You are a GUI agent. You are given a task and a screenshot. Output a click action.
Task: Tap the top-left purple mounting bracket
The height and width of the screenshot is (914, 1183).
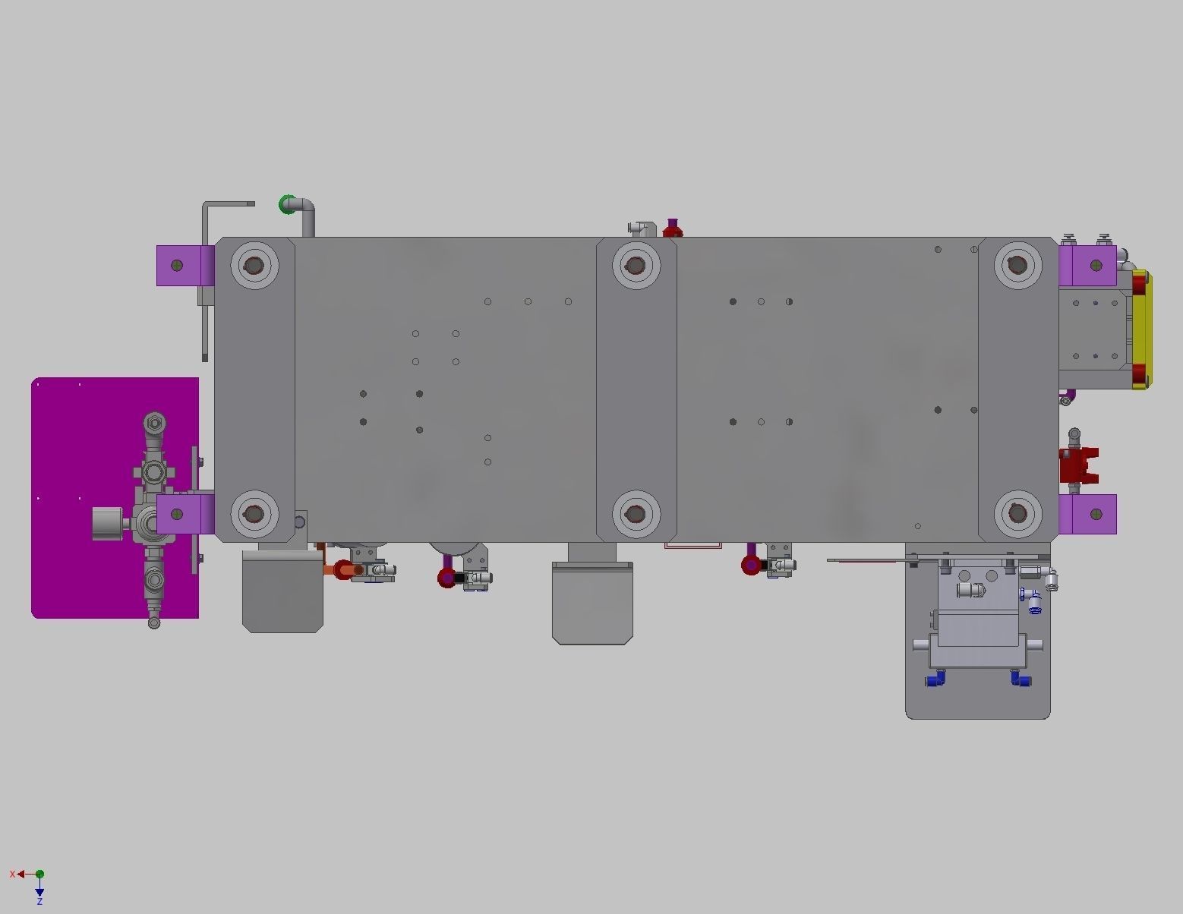coord(184,265)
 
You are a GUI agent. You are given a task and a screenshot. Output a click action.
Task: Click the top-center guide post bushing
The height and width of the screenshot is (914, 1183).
coord(635,265)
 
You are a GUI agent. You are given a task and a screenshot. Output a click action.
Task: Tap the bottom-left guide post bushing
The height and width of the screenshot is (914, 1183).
coord(254,514)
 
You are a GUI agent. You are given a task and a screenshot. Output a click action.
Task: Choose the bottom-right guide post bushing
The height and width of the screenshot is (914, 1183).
coord(1017,514)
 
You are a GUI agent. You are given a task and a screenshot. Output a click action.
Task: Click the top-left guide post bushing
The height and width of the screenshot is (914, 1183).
coord(254,265)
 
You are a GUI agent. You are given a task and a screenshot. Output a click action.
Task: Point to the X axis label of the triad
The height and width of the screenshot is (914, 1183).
coord(12,875)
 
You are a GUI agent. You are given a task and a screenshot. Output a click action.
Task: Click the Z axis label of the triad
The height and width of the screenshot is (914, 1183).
coord(39,901)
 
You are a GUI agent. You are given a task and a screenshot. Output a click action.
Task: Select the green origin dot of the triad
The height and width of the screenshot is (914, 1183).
coord(39,875)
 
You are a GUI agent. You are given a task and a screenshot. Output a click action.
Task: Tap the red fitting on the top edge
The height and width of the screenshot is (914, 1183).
coord(672,228)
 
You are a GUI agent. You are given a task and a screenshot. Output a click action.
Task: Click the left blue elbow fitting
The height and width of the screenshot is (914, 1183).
coord(935,678)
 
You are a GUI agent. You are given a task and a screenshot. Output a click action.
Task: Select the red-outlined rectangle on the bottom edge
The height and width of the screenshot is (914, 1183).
coord(692,545)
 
